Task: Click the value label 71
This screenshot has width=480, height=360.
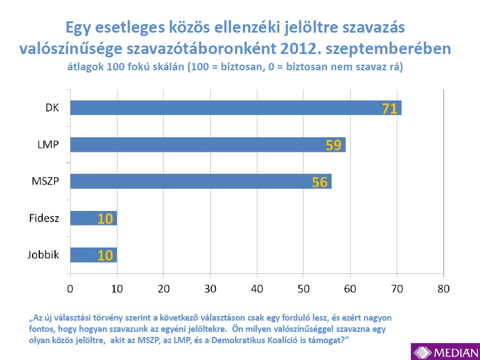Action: point(390,108)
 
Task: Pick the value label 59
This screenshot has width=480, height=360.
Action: point(334,145)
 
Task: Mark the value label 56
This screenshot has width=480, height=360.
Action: point(320,182)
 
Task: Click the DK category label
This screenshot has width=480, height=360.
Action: point(52,107)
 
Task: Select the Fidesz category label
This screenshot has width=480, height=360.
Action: point(44,218)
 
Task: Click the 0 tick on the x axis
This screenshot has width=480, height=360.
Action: point(70,289)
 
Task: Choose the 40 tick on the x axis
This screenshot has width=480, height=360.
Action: point(257,289)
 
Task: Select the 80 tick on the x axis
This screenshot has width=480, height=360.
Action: point(443,289)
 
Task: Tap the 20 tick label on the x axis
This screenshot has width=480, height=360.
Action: point(164,289)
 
